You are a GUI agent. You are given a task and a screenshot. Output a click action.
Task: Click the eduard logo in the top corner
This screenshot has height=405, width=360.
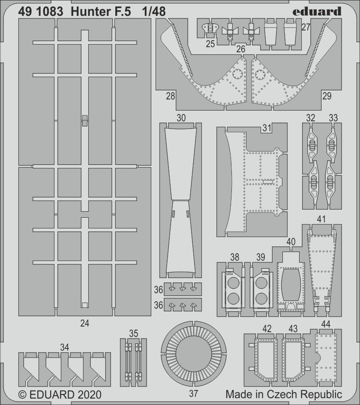click(317, 12)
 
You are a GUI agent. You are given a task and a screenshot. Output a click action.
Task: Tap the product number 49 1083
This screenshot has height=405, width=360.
click(41, 12)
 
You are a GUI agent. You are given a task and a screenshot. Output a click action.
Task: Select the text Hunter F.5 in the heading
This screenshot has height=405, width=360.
click(101, 12)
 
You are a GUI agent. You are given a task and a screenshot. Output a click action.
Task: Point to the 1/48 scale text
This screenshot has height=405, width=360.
click(154, 12)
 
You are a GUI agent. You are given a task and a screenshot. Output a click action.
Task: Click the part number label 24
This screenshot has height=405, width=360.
click(85, 323)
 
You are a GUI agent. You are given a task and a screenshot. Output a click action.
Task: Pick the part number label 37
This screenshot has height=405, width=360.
click(193, 393)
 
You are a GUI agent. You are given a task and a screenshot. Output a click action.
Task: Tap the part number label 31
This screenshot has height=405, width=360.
click(267, 128)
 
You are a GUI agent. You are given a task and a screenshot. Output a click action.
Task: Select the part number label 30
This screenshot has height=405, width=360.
click(181, 118)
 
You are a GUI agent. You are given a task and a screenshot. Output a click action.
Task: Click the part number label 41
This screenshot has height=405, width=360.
click(321, 219)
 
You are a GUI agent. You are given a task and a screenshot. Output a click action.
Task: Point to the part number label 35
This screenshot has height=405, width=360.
click(134, 333)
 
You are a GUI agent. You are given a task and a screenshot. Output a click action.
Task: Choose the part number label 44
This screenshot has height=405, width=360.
click(326, 324)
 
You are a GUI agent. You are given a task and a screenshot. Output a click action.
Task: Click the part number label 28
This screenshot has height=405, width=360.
click(171, 96)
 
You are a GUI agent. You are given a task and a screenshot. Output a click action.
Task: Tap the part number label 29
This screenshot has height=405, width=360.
click(327, 96)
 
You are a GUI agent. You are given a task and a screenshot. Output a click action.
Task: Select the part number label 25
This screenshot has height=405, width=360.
click(210, 44)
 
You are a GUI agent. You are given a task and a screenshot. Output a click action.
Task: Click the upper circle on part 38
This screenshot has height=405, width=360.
click(233, 283)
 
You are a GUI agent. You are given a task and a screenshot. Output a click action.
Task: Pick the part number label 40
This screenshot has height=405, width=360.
click(291, 242)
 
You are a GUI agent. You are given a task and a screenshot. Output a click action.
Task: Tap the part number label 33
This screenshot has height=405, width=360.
click(333, 118)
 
